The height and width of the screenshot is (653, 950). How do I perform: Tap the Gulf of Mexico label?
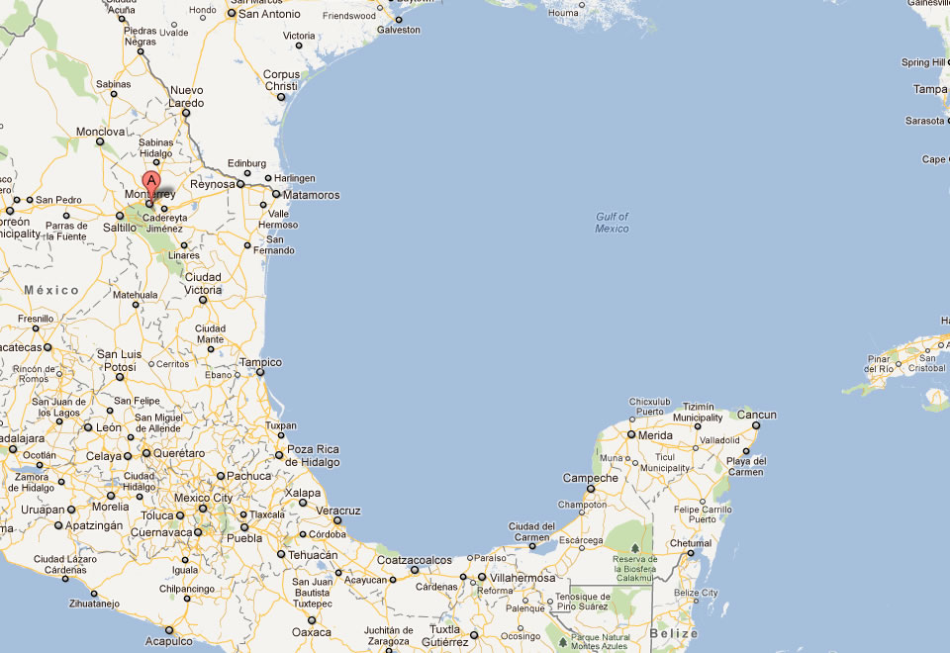pyautogui.click(x=612, y=223)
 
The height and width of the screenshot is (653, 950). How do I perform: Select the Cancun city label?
pyautogui.click(x=756, y=415)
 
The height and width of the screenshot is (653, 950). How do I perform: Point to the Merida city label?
pyautogui.click(x=655, y=435)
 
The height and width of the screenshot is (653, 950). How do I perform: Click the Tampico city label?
pyautogui.click(x=259, y=362)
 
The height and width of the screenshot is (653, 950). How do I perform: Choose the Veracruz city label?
pyautogui.click(x=337, y=510)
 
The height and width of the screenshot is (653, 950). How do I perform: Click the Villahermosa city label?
pyautogui.click(x=522, y=578)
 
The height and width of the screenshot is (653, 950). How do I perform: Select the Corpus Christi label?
pyautogui.click(x=281, y=80)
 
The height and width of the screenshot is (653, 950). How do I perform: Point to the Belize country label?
pyautogui.click(x=674, y=633)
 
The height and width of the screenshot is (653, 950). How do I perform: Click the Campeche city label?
pyautogui.click(x=590, y=478)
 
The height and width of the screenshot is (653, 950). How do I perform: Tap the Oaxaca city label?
pyautogui.click(x=312, y=632)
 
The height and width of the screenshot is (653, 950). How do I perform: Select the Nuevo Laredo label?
pyautogui.click(x=187, y=96)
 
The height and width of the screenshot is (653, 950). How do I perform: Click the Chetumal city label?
pyautogui.click(x=691, y=543)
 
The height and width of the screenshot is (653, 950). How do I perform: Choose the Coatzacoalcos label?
pyautogui.click(x=414, y=560)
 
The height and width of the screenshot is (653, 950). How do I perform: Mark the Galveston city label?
pyautogui.click(x=398, y=30)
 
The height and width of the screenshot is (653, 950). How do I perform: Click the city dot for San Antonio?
pyautogui.click(x=231, y=14)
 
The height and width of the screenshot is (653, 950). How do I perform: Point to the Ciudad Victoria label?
pyautogui.click(x=203, y=283)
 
